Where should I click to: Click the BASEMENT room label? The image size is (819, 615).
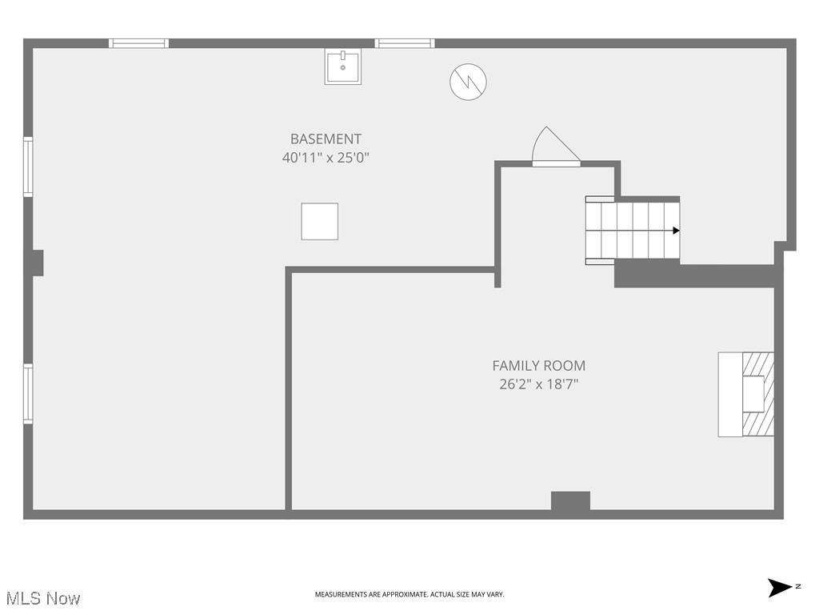coord(326,139)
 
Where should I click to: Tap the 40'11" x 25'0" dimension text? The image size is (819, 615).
coord(326,158)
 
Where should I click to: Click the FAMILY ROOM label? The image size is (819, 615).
coord(538,366)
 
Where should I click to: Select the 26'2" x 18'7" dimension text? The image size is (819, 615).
coord(538,384)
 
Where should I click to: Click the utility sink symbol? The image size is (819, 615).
coord(342,66)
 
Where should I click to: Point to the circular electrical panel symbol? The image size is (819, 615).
coord(468,82)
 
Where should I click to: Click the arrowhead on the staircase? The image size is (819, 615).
coord(676,231)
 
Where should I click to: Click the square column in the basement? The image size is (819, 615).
coord(319,221)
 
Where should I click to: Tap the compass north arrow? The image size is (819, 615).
coord(780,588)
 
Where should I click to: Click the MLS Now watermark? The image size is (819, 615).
coord(43,597)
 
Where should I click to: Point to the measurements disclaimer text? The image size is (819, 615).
coord(409,594)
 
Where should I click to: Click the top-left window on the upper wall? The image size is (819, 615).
coord(138,43)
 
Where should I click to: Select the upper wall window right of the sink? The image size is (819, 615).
coord(405,43)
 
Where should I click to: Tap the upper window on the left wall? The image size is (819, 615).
coord(28,167)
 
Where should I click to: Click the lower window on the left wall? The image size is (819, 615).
coord(28,394)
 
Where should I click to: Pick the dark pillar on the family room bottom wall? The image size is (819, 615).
coord(570,501)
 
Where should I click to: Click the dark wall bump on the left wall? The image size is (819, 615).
coord(36,263)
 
